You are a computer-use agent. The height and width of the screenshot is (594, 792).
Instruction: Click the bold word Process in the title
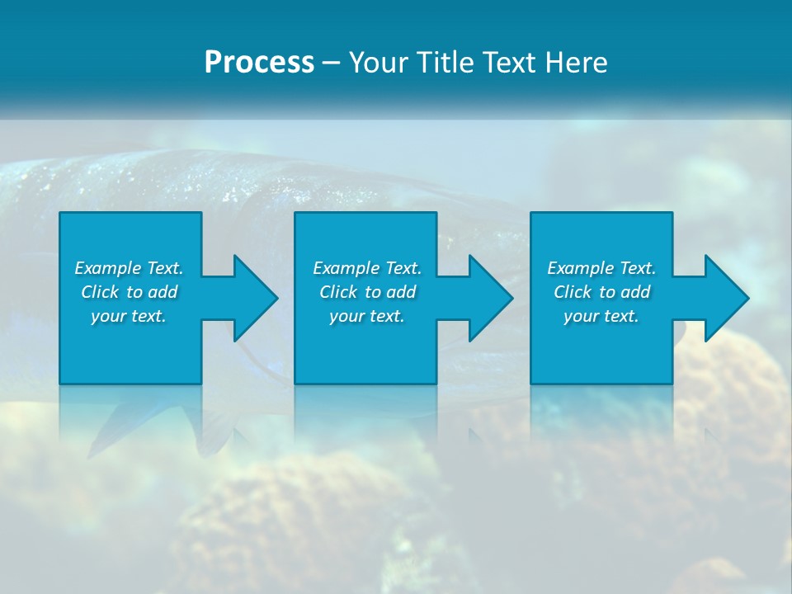[x=259, y=63]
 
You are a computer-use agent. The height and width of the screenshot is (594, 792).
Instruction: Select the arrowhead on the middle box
[x=489, y=298]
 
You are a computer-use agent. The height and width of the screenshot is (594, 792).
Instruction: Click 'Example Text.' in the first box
[x=129, y=268]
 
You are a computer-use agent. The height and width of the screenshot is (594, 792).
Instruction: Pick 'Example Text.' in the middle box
[x=367, y=268]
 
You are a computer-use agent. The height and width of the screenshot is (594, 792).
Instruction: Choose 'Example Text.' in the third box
[x=601, y=268]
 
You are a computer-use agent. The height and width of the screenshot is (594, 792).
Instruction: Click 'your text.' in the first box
[x=129, y=316]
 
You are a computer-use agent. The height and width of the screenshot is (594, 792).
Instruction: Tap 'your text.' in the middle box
[x=367, y=316]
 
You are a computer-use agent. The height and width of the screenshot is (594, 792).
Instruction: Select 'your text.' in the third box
[x=601, y=316]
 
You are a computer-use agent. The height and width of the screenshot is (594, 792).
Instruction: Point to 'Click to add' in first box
[x=129, y=292]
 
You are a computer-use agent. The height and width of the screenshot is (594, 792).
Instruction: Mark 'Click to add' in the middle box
[x=367, y=292]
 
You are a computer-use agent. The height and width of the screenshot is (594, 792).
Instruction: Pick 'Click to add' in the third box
[x=601, y=292]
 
